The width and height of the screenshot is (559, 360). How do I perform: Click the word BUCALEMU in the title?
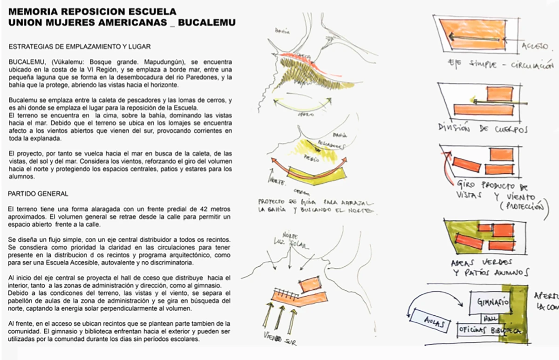pyautogui.click(x=208, y=22)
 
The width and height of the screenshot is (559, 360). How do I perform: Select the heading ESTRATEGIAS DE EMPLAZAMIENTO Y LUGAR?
pyautogui.click(x=79, y=47)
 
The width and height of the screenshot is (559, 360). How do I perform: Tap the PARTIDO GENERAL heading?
pyautogui.click(x=38, y=193)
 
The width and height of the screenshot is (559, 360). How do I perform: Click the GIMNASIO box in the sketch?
pyautogui.click(x=490, y=302)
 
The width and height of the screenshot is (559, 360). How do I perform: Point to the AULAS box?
pyautogui.click(x=428, y=321)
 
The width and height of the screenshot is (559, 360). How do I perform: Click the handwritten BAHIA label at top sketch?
pyautogui.click(x=282, y=32)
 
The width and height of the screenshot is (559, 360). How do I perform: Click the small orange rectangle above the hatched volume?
pyautogui.click(x=309, y=284)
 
